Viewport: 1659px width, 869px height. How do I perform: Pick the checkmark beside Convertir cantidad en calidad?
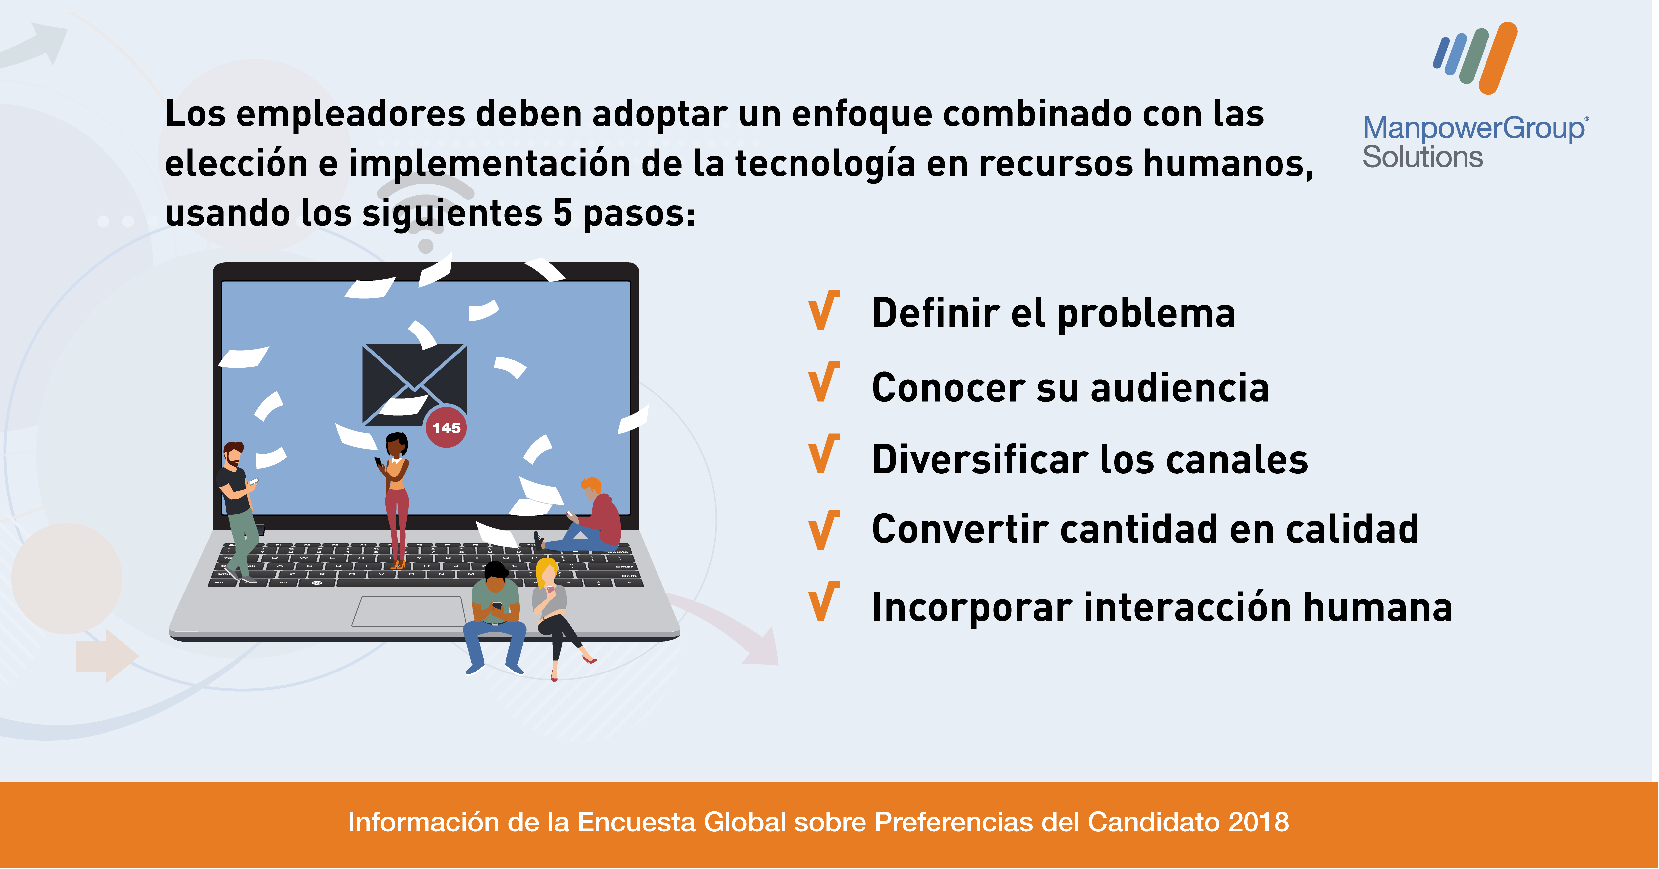pos(823,530)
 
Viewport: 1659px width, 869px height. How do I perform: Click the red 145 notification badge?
pos(446,427)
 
